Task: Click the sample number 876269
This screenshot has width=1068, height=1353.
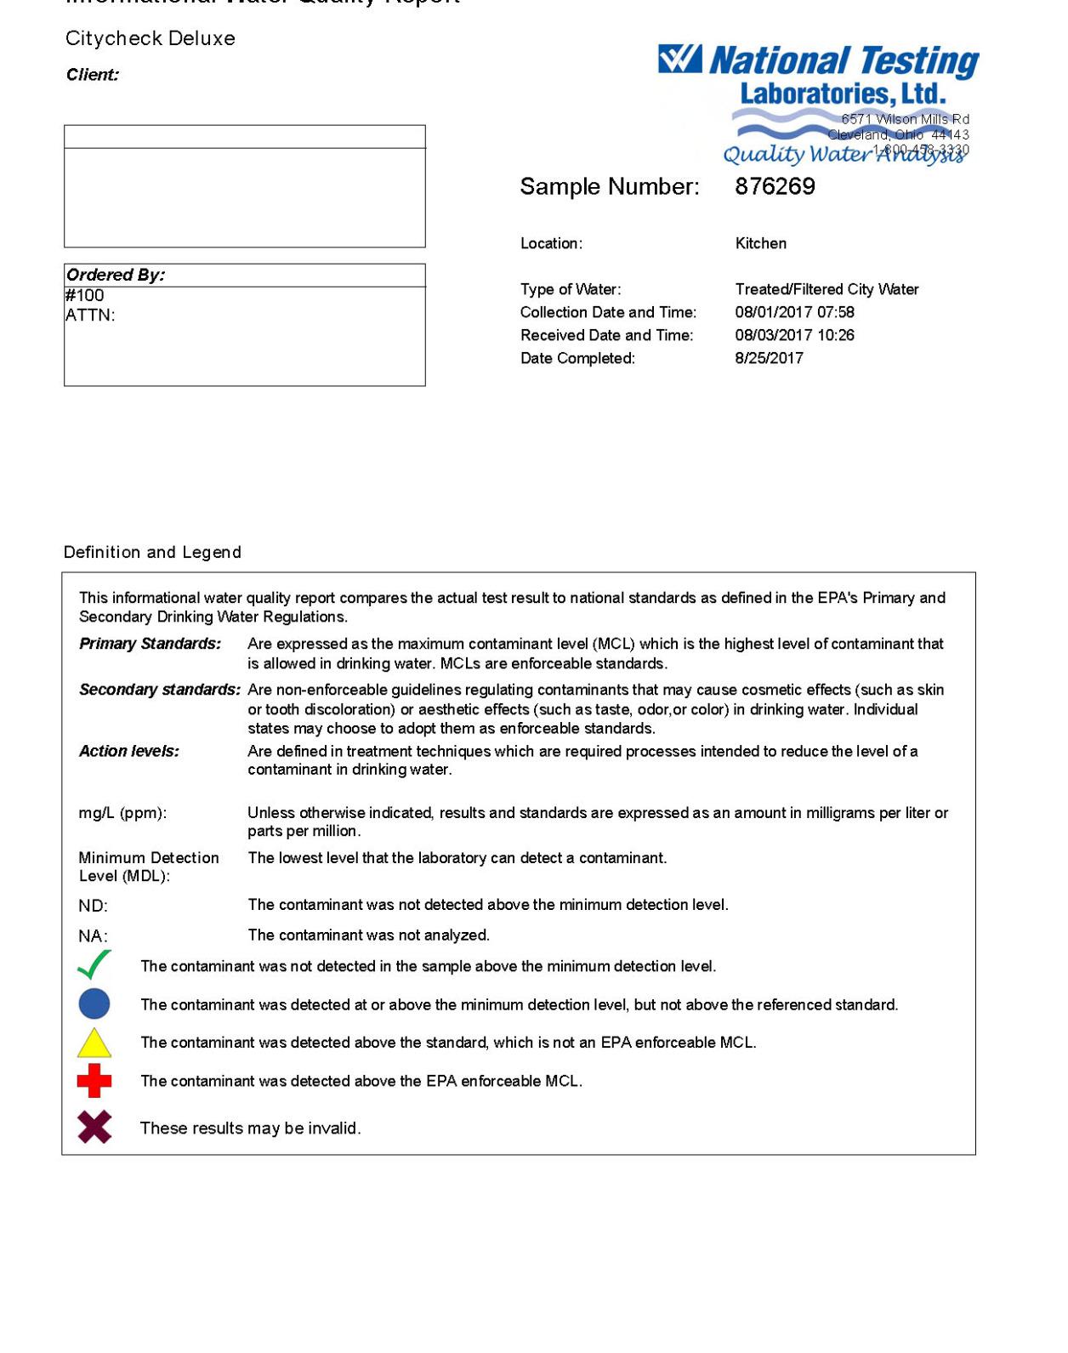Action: click(x=775, y=186)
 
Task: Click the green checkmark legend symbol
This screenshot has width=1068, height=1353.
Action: click(x=94, y=965)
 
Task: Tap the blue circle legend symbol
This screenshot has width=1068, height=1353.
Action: click(x=94, y=1003)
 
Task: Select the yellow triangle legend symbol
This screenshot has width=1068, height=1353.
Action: click(x=94, y=1043)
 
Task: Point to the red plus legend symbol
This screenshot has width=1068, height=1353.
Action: click(x=94, y=1081)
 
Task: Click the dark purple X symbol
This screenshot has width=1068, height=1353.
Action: click(x=94, y=1127)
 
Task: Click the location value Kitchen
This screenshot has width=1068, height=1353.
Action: click(x=760, y=243)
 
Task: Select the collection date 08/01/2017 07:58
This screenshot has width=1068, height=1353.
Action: click(x=794, y=312)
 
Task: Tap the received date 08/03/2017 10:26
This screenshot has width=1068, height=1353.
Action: click(x=794, y=335)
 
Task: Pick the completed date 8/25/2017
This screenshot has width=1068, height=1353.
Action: click(x=769, y=358)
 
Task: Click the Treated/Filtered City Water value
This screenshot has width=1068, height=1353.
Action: click(x=827, y=289)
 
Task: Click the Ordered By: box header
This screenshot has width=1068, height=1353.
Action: click(x=116, y=275)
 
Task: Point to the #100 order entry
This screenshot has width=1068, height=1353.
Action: click(x=85, y=295)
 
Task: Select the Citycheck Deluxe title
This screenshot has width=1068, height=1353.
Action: click(x=151, y=38)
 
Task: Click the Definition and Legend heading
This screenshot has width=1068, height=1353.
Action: click(x=152, y=552)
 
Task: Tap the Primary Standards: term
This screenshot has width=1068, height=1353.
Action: click(x=150, y=644)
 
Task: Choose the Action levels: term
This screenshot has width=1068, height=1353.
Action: click(x=129, y=751)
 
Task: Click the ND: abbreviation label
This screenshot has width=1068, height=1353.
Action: click(x=94, y=906)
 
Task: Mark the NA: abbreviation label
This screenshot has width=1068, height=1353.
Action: click(x=94, y=936)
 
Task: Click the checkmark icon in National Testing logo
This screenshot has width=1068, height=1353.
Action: click(x=680, y=60)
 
